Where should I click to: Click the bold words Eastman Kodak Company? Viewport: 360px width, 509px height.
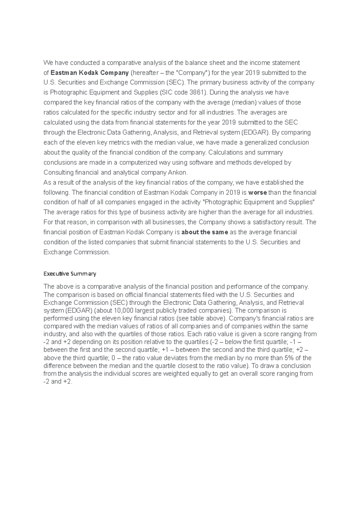point(90,73)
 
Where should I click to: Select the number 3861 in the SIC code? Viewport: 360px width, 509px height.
point(197,92)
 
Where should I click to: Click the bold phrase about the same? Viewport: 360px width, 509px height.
point(205,232)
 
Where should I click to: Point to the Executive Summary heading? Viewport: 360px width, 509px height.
point(70,274)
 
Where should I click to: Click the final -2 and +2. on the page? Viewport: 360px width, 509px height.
point(58,382)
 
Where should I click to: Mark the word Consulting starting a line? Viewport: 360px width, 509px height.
point(58,172)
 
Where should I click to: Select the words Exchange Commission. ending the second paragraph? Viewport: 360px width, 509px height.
point(77,252)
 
